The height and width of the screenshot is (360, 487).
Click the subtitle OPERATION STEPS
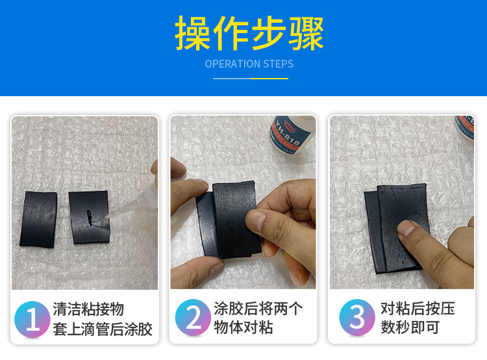pos(249,64)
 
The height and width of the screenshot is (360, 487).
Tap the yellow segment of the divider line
pos(269,79)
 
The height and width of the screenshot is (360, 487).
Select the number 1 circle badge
pos(32,318)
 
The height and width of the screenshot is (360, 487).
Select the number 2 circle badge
pos(193,318)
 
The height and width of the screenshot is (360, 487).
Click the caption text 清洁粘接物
pos(88,309)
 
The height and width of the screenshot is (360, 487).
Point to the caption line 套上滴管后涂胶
pos(103,329)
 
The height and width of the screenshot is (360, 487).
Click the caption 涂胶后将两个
pos(258,308)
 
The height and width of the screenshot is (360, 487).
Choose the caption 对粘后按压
pos(417,308)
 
